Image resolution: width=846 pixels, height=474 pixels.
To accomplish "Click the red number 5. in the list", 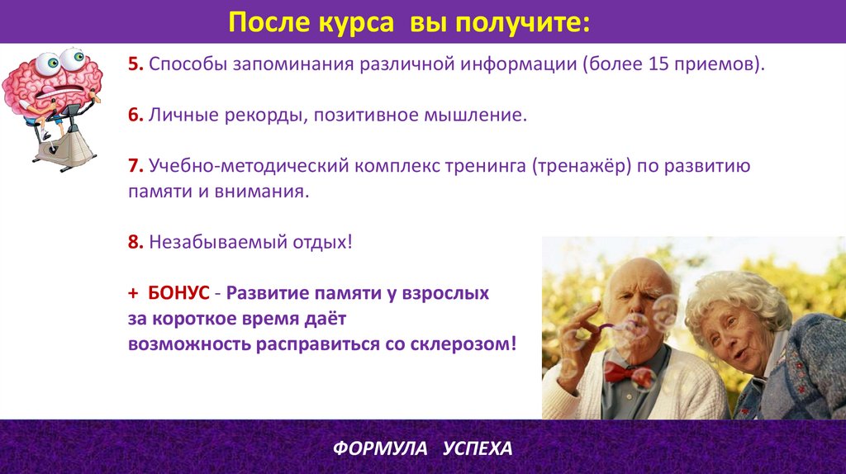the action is pos(135,64).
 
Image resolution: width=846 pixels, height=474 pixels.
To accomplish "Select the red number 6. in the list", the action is pos(135,115).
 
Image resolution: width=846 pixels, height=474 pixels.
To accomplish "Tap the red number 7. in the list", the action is pos(135,165).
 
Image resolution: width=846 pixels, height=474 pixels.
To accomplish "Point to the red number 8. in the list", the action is pos(135,242).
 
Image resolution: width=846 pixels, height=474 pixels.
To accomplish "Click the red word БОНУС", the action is pos(178,293).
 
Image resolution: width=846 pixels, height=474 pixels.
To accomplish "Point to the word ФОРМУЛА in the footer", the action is pos(380,448).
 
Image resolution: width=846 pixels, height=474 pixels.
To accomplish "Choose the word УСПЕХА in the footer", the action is pos(478,448).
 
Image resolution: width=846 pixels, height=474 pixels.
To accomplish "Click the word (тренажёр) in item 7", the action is pos(582,165).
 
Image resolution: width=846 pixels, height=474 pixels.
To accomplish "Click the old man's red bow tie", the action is pos(625,372).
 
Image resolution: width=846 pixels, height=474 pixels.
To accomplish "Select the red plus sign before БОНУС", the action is pos(133,293).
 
